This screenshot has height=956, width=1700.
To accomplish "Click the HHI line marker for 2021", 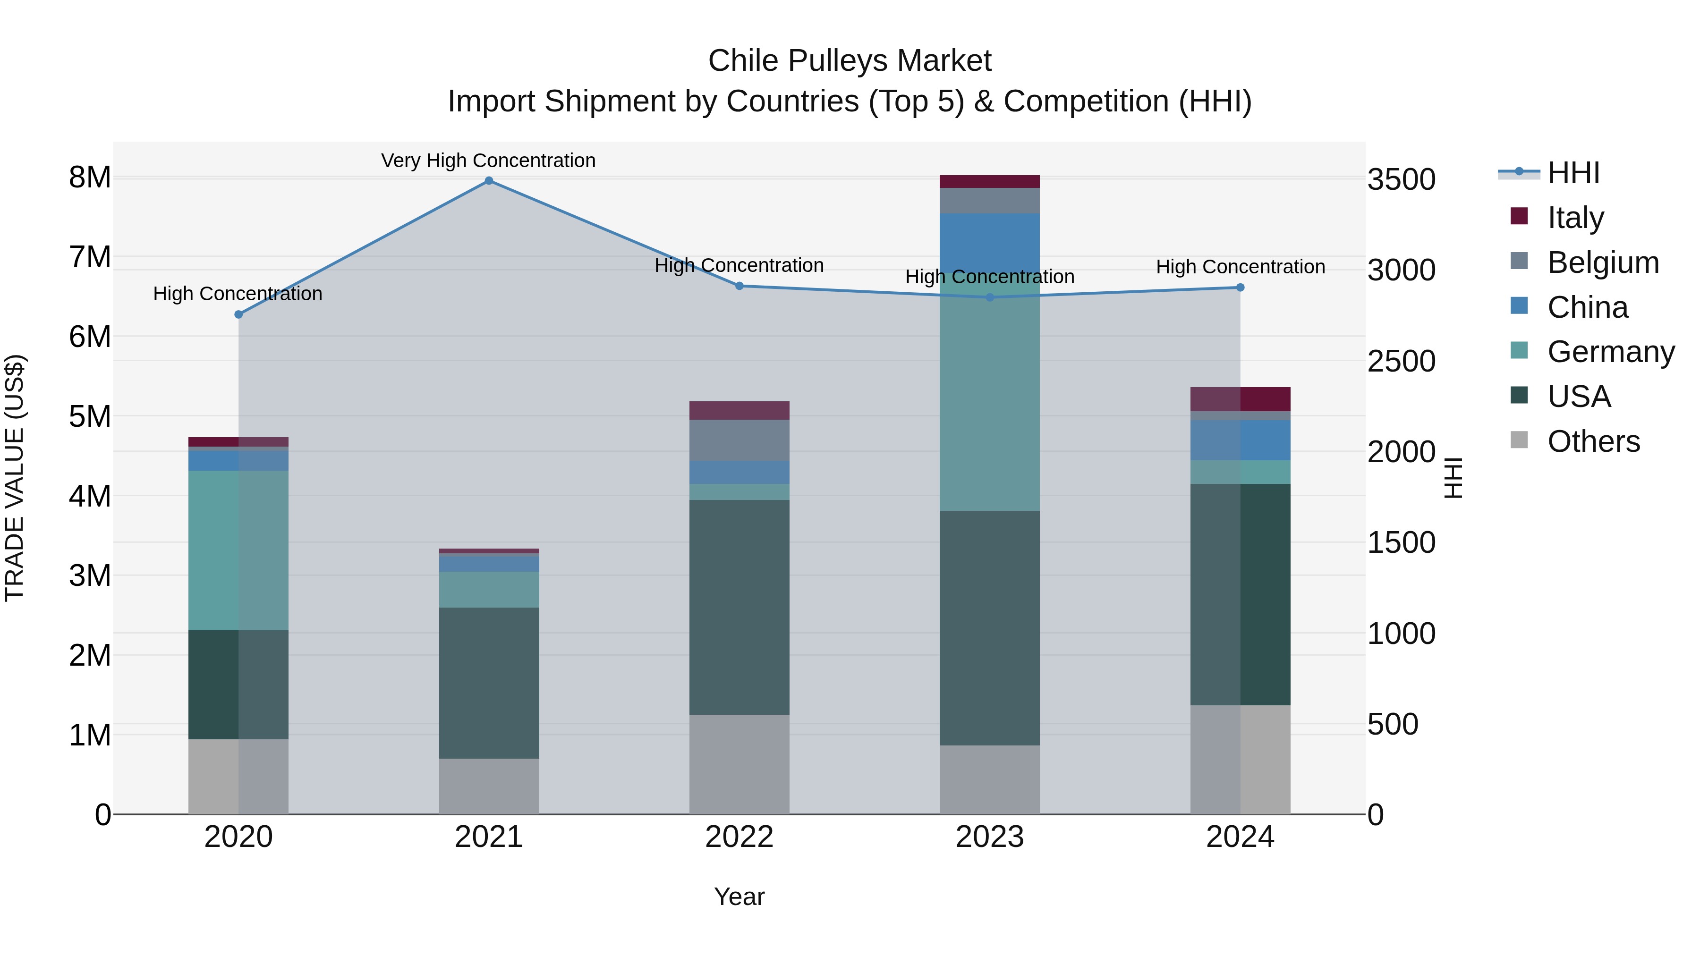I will click(x=489, y=181).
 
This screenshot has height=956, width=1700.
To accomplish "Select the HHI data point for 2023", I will click(x=990, y=297).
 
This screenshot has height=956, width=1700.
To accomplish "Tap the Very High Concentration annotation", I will click(x=488, y=161).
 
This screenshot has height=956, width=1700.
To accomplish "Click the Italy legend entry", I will click(x=1575, y=217).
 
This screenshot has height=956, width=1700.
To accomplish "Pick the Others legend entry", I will click(x=1593, y=441).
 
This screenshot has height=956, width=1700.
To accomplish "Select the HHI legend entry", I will click(x=1573, y=173).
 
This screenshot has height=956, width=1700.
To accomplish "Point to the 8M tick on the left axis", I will click(x=90, y=177).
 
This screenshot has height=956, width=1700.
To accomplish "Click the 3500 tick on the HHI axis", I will click(x=1401, y=179).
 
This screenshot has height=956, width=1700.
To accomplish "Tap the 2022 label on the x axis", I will click(x=739, y=837).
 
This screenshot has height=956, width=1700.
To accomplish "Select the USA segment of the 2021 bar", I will click(x=489, y=683).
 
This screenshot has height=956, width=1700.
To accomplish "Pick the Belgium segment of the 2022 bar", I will click(x=739, y=440).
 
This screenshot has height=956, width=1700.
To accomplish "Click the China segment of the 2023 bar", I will click(x=990, y=241).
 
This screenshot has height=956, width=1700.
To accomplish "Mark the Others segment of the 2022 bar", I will click(x=739, y=764).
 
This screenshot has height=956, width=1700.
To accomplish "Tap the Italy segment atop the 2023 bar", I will click(x=990, y=181).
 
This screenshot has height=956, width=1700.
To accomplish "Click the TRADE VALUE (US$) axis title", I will click(x=15, y=478).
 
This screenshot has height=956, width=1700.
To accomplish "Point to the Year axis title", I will click(x=739, y=897).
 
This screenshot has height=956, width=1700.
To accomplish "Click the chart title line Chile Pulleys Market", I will click(x=850, y=61).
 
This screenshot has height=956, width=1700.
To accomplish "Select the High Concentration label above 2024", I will click(x=1240, y=267).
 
